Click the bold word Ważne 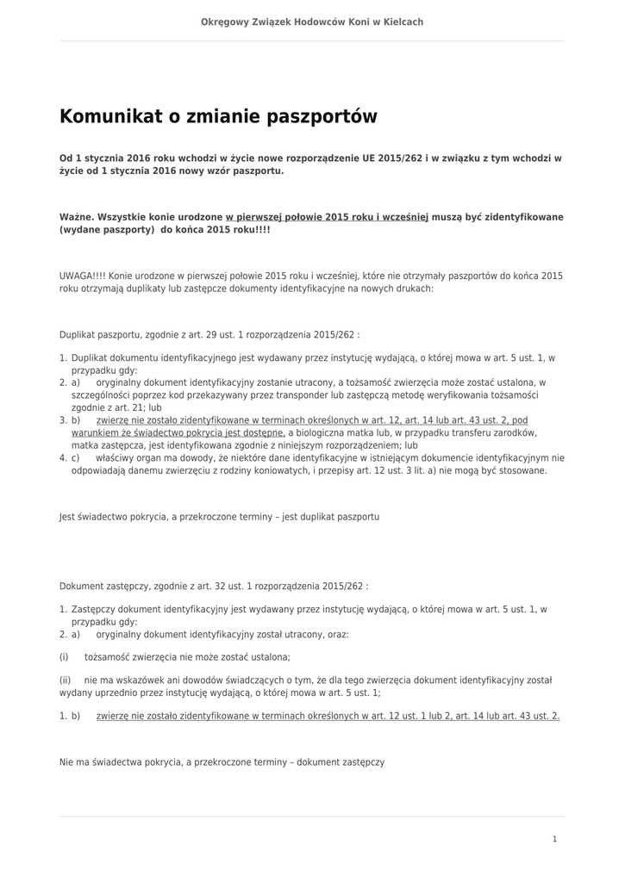76,217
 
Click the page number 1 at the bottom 554,839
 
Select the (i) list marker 64,656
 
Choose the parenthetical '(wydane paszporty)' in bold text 106,231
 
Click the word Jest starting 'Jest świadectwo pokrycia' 67,517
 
